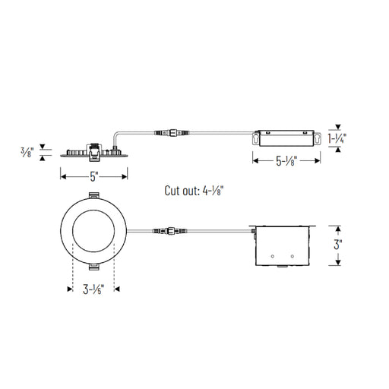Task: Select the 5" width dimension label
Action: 93,176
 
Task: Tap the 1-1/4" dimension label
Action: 337,138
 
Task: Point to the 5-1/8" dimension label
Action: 286,160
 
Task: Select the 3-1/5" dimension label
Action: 93,289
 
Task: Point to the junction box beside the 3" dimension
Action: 284,245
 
